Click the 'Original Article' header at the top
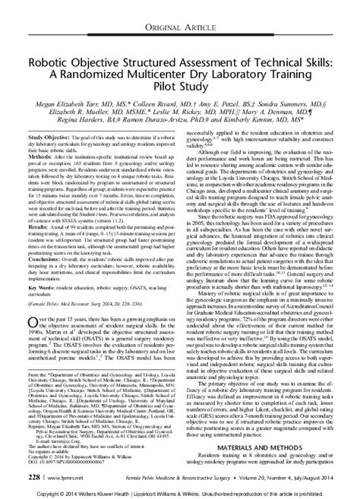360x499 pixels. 180,8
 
